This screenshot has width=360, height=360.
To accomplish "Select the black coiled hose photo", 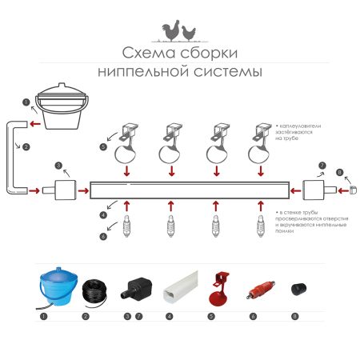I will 94,291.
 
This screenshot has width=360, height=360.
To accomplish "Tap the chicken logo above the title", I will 178,31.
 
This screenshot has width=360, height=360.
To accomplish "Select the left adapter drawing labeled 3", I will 59,191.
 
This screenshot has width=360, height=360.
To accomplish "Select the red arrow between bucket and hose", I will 32,124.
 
